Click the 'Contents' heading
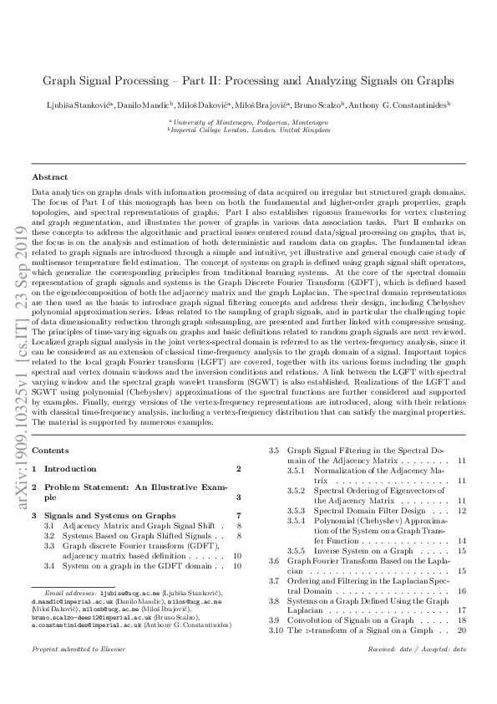tap(50, 451)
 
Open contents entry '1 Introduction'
tap(69, 469)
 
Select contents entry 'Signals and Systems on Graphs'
tap(109, 516)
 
